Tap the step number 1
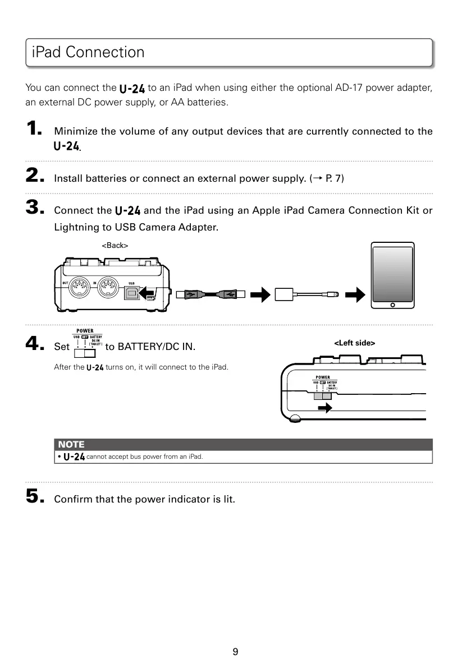(x=34, y=130)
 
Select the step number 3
(x=35, y=209)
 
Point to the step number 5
(x=35, y=496)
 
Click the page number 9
(x=235, y=651)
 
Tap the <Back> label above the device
(x=115, y=246)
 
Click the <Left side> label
(x=355, y=343)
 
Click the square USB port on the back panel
(x=133, y=292)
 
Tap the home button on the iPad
(x=392, y=305)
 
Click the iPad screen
(x=392, y=273)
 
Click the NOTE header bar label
(x=71, y=445)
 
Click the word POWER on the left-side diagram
(x=322, y=377)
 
